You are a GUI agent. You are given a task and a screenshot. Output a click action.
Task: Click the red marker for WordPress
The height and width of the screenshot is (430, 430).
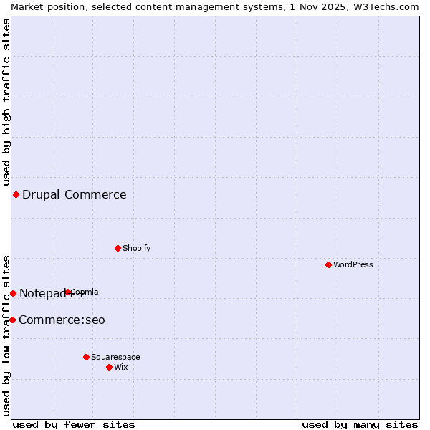click(328, 264)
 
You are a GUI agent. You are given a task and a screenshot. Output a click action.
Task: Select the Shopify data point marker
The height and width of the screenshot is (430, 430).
click(118, 248)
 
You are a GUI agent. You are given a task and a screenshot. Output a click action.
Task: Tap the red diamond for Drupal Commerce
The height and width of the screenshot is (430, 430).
click(16, 194)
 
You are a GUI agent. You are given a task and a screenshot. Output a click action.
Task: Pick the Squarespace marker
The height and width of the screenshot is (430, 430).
click(86, 357)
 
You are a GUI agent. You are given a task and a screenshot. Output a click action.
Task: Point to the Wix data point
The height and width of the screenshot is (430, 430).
click(109, 367)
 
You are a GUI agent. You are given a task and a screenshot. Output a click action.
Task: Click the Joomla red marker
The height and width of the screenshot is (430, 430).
click(68, 292)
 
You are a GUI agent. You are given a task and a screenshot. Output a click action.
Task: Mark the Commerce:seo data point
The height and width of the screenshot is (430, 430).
click(12, 320)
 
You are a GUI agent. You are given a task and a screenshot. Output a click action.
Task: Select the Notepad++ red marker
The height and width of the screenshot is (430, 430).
click(13, 293)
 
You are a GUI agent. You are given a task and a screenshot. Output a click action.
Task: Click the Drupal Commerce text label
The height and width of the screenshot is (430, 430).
click(75, 194)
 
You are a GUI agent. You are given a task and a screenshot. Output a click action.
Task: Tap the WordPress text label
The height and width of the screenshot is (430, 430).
click(353, 264)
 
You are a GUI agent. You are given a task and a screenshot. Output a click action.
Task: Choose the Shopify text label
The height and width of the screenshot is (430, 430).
click(137, 248)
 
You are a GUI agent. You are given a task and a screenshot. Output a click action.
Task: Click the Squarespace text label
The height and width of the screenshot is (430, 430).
click(115, 357)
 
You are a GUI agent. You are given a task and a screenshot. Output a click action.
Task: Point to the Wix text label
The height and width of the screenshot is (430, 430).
click(121, 367)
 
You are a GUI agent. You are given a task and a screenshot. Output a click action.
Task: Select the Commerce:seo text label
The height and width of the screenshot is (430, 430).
click(62, 320)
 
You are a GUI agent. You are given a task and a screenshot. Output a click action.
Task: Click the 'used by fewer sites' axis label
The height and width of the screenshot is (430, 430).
click(74, 424)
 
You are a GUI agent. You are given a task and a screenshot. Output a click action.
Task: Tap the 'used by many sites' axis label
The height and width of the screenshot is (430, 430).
click(360, 424)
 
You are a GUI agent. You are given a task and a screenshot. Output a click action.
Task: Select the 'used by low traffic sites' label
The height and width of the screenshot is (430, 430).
click(6, 335)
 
